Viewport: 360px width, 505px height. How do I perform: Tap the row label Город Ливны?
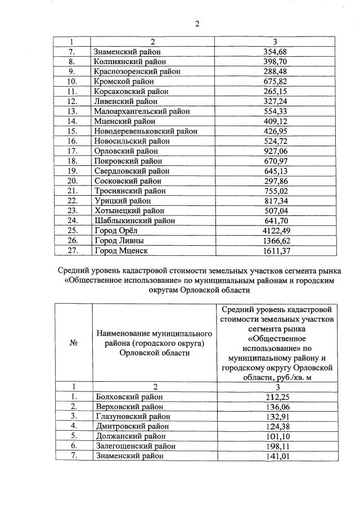[119, 241]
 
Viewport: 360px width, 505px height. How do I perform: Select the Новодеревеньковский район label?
[146, 131]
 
